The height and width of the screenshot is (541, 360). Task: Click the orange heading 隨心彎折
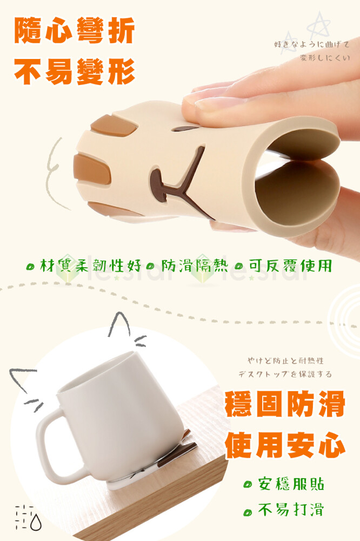click(x=75, y=31)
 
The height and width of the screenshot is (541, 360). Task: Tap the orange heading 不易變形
click(x=75, y=71)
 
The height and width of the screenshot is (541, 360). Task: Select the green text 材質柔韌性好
click(x=91, y=266)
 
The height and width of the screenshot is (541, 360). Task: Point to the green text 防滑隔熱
click(x=195, y=266)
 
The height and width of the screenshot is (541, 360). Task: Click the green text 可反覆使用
click(x=290, y=266)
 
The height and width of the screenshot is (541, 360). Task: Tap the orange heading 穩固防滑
click(x=285, y=404)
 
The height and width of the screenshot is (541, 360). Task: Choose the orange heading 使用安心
click(x=285, y=445)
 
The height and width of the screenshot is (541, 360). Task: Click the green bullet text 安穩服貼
click(x=291, y=484)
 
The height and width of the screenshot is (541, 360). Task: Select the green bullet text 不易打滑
click(x=291, y=510)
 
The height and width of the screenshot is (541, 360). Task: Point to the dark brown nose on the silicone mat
click(x=157, y=184)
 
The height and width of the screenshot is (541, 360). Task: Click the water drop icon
click(x=36, y=522)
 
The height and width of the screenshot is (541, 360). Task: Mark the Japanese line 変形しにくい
click(x=325, y=58)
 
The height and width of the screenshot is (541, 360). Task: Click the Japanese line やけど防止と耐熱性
click(x=285, y=361)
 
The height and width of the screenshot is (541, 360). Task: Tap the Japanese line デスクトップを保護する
click(x=285, y=374)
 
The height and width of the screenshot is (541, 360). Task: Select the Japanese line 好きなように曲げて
click(x=312, y=44)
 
